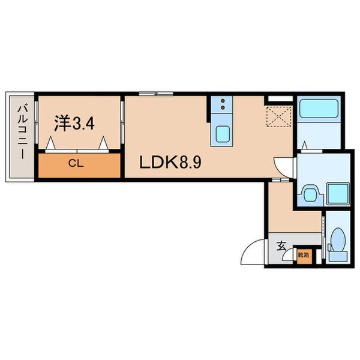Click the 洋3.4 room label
click(74, 124)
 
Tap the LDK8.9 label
click(170, 162)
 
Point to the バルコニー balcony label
click(23, 132)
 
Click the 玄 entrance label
click(282, 246)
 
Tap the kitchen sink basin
click(222, 134)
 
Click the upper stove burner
click(222, 101)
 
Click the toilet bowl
click(338, 239)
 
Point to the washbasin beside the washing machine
click(310, 194)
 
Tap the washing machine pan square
click(338, 193)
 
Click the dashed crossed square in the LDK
click(279, 116)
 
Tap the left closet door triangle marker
click(50, 143)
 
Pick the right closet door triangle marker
click(103, 143)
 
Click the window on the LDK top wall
click(156, 94)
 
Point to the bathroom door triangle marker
click(304, 146)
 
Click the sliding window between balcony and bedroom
click(36, 122)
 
